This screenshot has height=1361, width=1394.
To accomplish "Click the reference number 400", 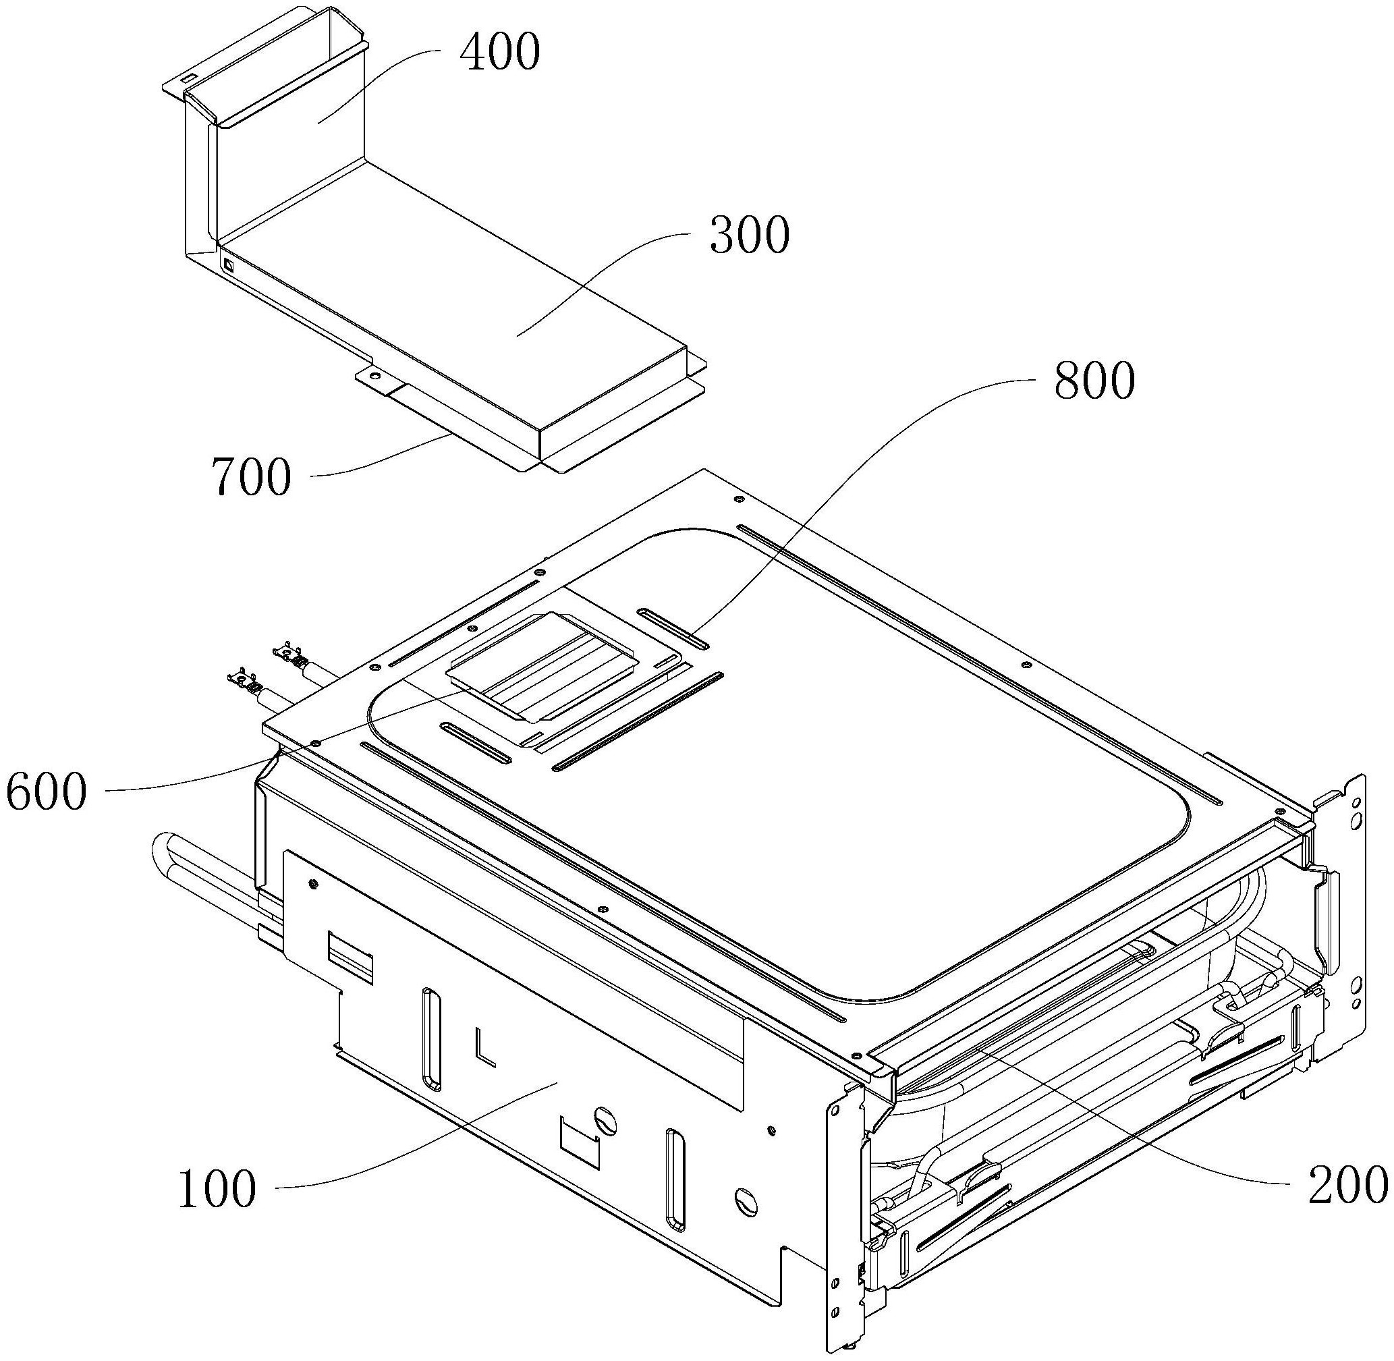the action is tap(500, 53).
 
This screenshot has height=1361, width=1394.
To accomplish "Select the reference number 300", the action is tap(749, 235).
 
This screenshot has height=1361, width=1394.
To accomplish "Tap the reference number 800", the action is tap(1094, 381).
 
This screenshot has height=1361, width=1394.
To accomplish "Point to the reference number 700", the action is tap(251, 478).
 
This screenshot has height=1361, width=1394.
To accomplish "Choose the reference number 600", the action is tap(47, 792).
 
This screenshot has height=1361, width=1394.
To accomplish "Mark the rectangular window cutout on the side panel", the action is tap(350, 962).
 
